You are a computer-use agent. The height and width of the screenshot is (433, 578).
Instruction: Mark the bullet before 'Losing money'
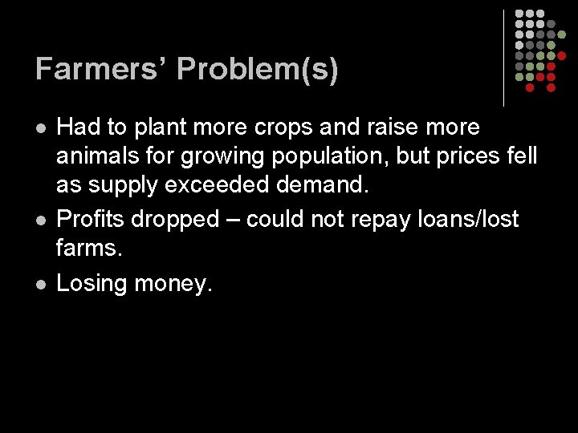41,283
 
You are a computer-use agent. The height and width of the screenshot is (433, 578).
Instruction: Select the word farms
89,249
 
